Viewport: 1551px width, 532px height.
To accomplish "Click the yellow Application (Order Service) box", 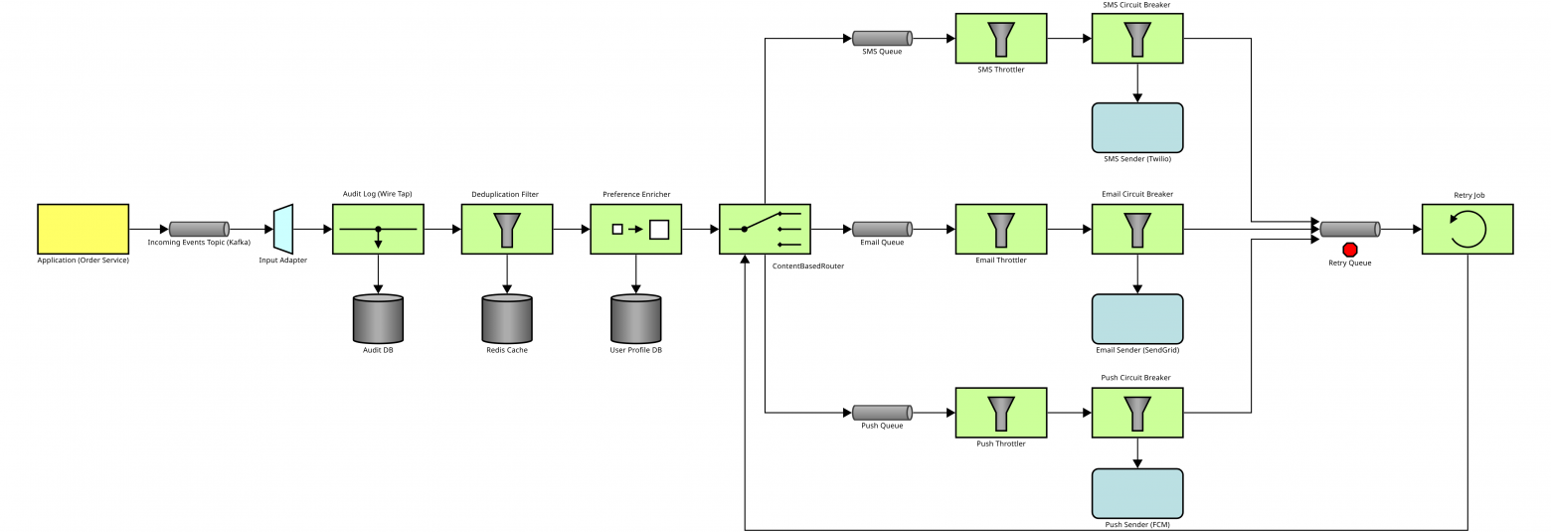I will (x=83, y=229).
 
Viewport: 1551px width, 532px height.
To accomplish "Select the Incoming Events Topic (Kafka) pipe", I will (x=199, y=229).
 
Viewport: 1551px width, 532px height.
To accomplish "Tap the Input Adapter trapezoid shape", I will (x=283, y=229).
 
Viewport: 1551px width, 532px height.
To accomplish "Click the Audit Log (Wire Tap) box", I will (x=378, y=229).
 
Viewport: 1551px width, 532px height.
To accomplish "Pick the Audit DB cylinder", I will (x=378, y=318).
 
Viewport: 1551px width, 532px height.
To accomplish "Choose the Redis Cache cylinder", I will (x=507, y=318).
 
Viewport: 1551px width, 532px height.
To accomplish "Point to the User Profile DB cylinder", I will (x=636, y=318).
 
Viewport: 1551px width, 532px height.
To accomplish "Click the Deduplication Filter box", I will (x=507, y=229).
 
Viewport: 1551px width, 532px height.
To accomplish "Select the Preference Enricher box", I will (x=636, y=229).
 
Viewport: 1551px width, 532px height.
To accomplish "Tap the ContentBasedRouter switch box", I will (x=766, y=229).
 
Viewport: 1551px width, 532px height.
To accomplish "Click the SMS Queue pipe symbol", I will (x=882, y=39).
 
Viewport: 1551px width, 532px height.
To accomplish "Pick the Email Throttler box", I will (x=1000, y=229).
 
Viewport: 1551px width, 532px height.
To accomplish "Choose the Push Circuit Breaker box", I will (x=1137, y=413).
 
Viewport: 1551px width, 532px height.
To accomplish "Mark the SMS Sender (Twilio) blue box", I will (x=1137, y=127).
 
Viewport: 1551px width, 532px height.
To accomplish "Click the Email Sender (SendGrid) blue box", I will (x=1137, y=318).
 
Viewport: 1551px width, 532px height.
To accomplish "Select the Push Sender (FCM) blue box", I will (x=1137, y=493).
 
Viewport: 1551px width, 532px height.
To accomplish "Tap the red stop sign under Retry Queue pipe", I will (x=1350, y=250).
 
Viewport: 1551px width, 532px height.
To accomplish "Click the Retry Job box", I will (x=1467, y=229).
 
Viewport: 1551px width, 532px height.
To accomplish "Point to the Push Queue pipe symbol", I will (x=882, y=412).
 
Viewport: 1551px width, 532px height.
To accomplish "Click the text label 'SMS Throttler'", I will (x=1000, y=70).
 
